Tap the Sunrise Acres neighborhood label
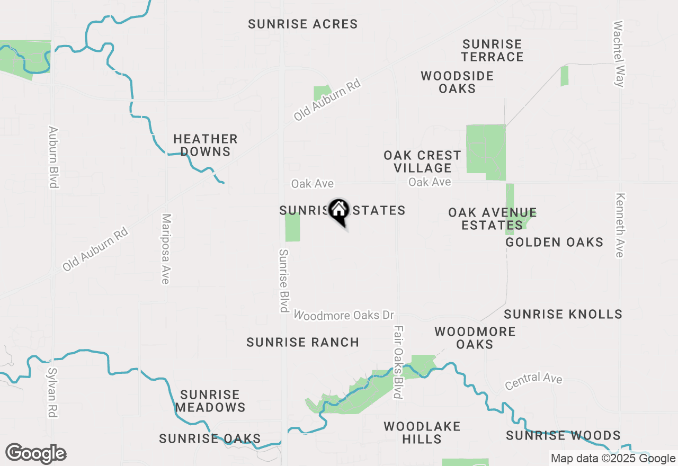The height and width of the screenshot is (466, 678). click(x=303, y=24)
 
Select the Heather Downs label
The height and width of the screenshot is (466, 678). click(x=206, y=146)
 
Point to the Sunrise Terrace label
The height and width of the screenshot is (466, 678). click(x=492, y=50)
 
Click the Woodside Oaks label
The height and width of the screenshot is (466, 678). click(x=457, y=82)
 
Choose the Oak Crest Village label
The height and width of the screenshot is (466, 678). click(x=422, y=162)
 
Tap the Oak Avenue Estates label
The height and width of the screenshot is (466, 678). click(x=492, y=219)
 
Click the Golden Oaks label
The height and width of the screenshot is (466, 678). click(x=554, y=243)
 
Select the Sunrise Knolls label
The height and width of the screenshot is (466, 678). click(x=563, y=314)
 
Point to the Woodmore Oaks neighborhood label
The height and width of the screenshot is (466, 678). click(x=475, y=338)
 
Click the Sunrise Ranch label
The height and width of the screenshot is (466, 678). click(x=303, y=343)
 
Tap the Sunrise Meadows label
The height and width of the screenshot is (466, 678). click(x=210, y=401)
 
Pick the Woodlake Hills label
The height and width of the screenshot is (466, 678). click(x=422, y=433)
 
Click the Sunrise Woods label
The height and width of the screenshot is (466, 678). click(x=563, y=435)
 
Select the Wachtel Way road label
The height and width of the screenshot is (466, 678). click(x=619, y=53)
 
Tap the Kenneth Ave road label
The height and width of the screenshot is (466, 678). click(x=620, y=225)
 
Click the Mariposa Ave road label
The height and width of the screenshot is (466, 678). click(x=166, y=249)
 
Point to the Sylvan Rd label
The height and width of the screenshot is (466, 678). click(x=52, y=392)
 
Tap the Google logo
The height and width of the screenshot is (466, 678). click(x=35, y=454)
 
